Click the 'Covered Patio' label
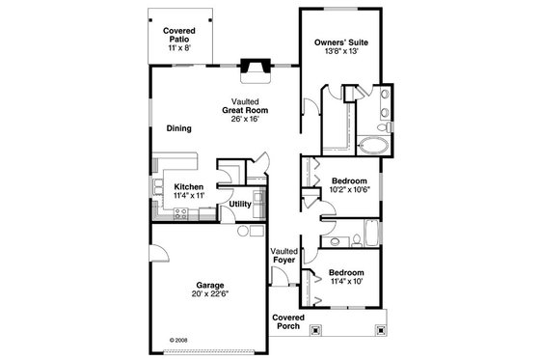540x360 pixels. pyautogui.click(x=175, y=36)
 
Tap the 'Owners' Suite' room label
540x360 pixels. pyautogui.click(x=343, y=42)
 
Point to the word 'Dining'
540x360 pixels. pyautogui.click(x=178, y=128)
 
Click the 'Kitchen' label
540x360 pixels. pyautogui.click(x=188, y=186)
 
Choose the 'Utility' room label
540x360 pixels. pyautogui.click(x=240, y=204)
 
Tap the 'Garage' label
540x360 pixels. pyautogui.click(x=211, y=285)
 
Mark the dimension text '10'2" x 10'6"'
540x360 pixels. pyautogui.click(x=348, y=190)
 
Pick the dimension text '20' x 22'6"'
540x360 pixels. pyautogui.click(x=211, y=294)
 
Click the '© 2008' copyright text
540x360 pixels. pyautogui.click(x=179, y=339)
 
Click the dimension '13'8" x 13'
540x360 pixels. pyautogui.click(x=343, y=52)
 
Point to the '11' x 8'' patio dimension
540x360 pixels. pyautogui.click(x=175, y=47)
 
